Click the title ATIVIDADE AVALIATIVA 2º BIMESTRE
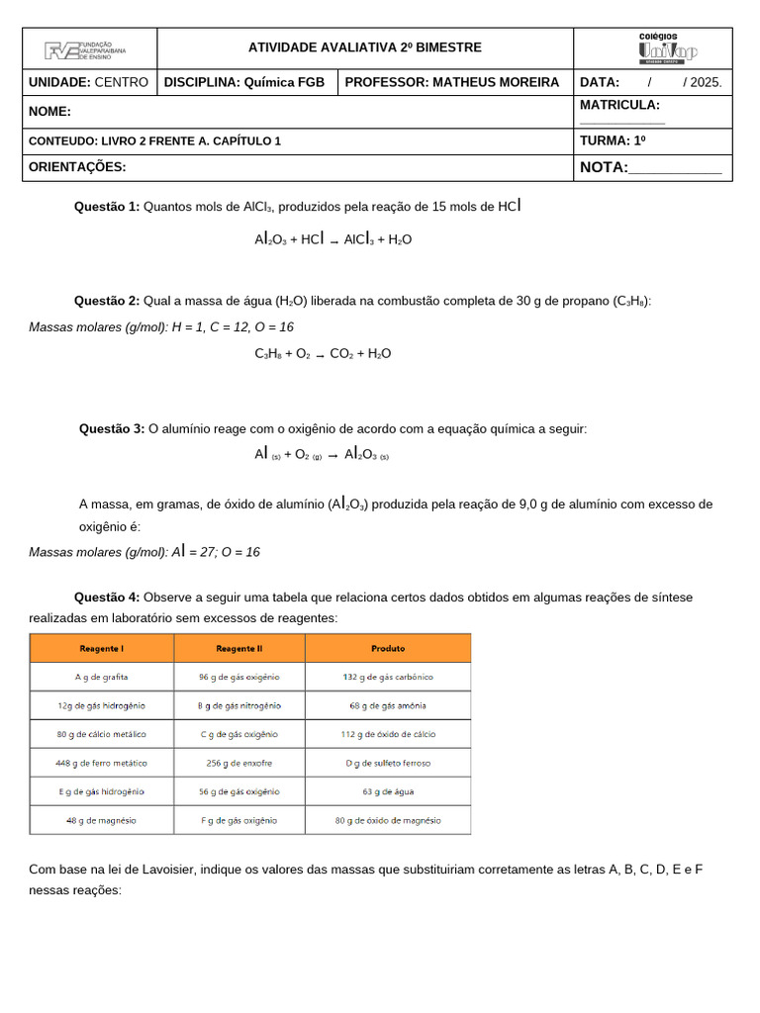tap(364, 47)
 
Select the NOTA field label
tap(604, 167)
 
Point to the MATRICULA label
tap(619, 105)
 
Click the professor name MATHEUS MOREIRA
tap(497, 82)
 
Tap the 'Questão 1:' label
tap(107, 207)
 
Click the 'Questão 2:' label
tap(107, 301)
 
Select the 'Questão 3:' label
tap(112, 428)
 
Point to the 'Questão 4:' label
tap(107, 597)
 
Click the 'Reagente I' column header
tap(102, 649)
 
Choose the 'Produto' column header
tap(388, 649)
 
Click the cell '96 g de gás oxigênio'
tap(239, 678)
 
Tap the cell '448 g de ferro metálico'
tap(102, 764)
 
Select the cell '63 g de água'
tap(388, 791)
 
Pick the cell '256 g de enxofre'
tap(239, 764)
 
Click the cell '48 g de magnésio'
tap(102, 820)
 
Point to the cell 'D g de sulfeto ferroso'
tap(388, 764)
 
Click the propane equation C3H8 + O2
tap(323, 353)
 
